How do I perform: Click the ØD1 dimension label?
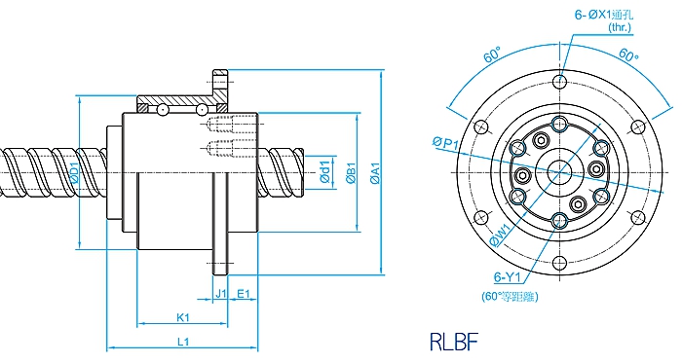click(74, 173)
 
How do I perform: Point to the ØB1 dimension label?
click(351, 173)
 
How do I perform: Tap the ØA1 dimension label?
click(376, 173)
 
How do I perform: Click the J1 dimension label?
click(221, 294)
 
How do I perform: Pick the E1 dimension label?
click(244, 294)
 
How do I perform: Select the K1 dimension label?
click(183, 317)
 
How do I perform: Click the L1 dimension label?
click(183, 342)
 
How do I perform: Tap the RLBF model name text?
click(454, 342)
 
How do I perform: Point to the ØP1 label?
click(445, 142)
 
